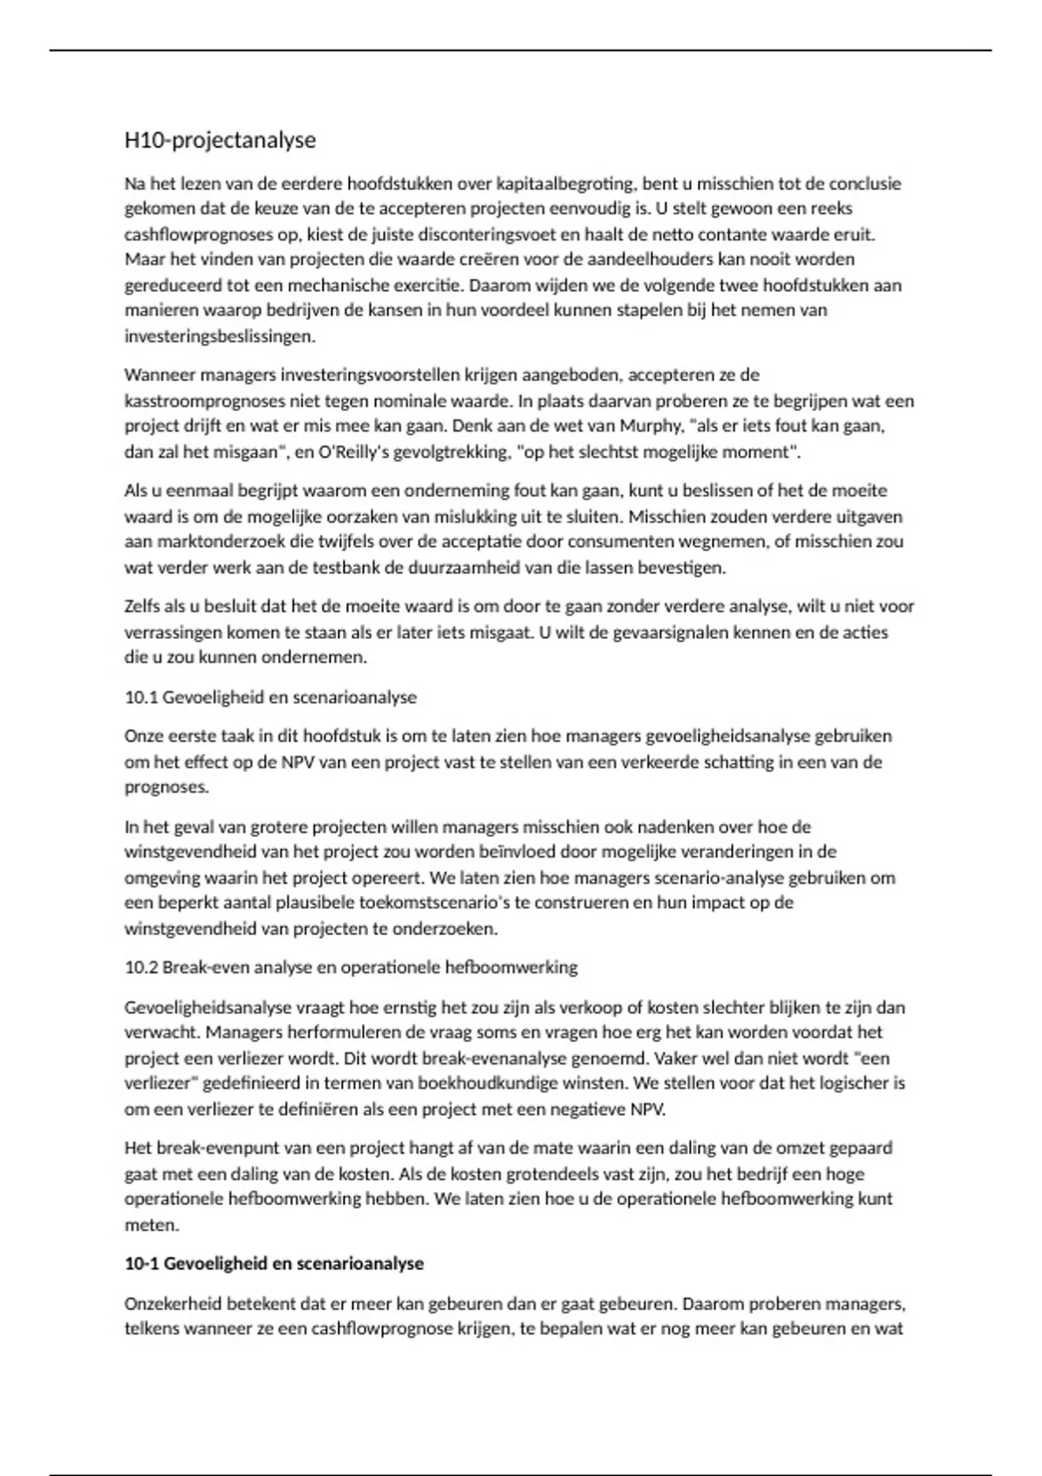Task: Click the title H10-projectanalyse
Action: tap(220, 140)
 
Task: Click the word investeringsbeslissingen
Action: tap(220, 336)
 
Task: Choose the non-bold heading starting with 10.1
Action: tap(270, 697)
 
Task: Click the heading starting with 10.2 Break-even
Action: tap(351, 967)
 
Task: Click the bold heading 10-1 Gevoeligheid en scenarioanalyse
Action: tap(274, 1263)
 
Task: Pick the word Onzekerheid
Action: tap(174, 1303)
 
